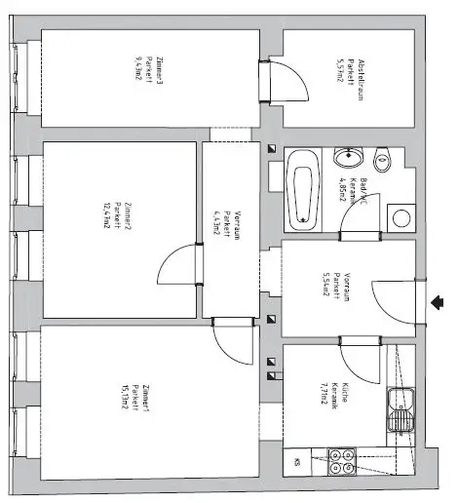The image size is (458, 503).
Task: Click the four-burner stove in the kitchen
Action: [x=341, y=461]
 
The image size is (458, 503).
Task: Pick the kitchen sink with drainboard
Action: [x=401, y=409]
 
